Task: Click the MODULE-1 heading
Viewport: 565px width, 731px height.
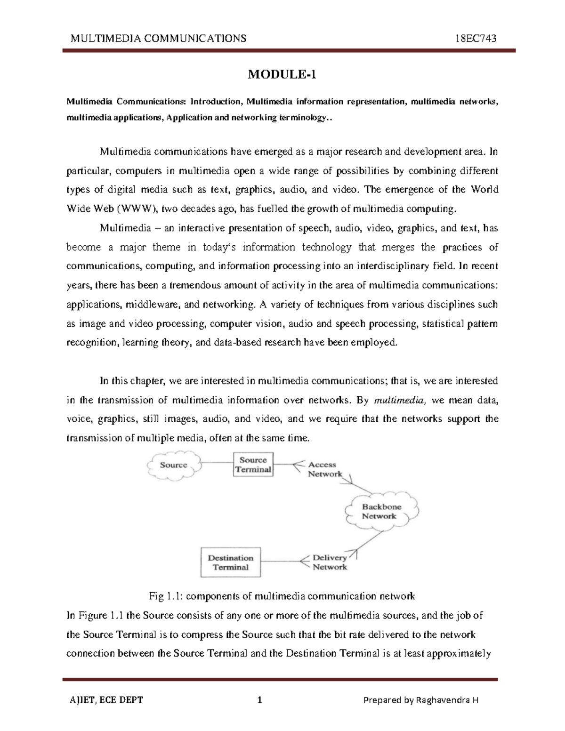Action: [x=282, y=74]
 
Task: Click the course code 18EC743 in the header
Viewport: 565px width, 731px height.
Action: [x=476, y=38]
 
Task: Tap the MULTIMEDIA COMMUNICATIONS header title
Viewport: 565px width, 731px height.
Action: [x=158, y=38]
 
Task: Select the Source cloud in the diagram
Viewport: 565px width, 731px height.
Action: [x=173, y=465]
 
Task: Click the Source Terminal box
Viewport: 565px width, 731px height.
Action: [x=253, y=465]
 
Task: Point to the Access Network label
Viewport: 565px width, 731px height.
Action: [x=324, y=469]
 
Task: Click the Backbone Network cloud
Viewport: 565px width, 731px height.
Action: [x=381, y=511]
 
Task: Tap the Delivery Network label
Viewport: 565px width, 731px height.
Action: [x=330, y=562]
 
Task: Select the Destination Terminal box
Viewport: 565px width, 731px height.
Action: [x=230, y=562]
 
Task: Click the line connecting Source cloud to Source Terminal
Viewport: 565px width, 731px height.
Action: [x=218, y=463]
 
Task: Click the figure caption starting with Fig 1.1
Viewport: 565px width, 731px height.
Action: [x=282, y=596]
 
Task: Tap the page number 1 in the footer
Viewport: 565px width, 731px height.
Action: [x=259, y=700]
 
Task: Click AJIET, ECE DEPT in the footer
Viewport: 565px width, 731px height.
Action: [x=106, y=700]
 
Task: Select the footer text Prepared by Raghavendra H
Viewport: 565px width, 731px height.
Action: [x=421, y=700]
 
